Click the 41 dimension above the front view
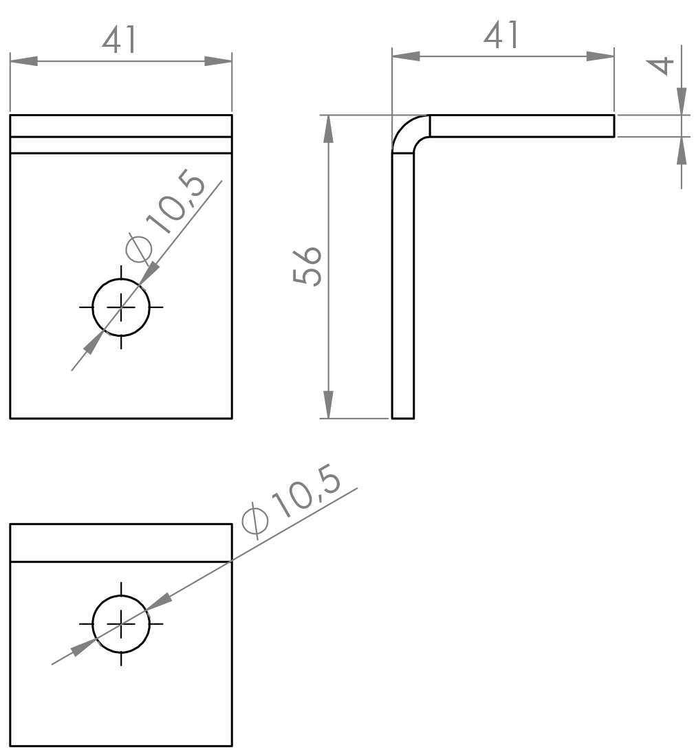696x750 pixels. tap(120, 40)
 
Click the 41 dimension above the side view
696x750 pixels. tap(501, 35)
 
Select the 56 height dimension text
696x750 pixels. tap(307, 267)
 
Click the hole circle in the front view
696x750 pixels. tap(121, 307)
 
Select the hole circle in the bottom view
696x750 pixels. tap(121, 624)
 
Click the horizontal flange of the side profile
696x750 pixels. tap(522, 126)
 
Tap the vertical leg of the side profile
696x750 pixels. tap(403, 285)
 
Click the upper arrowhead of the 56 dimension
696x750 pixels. tap(328, 129)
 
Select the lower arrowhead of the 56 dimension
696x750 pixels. tap(328, 405)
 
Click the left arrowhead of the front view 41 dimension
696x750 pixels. tap(24, 61)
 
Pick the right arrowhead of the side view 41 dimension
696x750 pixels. tap(600, 56)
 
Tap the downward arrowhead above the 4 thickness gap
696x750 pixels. tap(682, 101)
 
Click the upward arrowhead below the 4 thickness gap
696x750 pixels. tap(682, 151)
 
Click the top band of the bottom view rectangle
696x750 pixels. tap(121, 543)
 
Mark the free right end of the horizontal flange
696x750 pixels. tap(614, 126)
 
